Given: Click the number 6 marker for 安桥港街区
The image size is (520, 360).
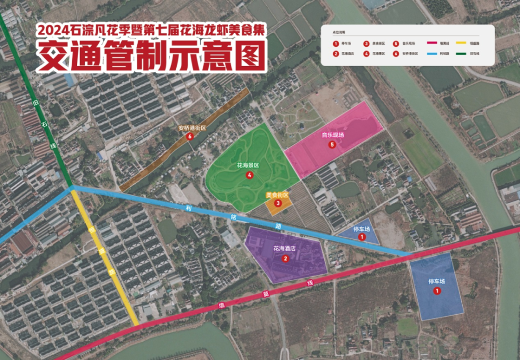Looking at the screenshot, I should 190,137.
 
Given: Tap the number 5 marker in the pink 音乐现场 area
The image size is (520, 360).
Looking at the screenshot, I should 332,145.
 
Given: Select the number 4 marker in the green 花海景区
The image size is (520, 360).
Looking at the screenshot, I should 250,175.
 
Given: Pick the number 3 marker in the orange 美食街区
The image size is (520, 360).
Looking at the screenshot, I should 278,203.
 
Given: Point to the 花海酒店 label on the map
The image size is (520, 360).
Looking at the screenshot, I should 284,249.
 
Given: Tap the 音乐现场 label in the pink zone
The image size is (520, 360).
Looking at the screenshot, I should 332,135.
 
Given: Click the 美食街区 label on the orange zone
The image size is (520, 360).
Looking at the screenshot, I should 277,195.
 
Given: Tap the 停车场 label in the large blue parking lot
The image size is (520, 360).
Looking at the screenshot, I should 437,281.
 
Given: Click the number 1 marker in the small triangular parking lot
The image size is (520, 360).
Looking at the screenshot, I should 362,237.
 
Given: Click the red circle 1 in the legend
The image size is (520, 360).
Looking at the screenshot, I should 336,44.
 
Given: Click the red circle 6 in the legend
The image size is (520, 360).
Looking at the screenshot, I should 396,53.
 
